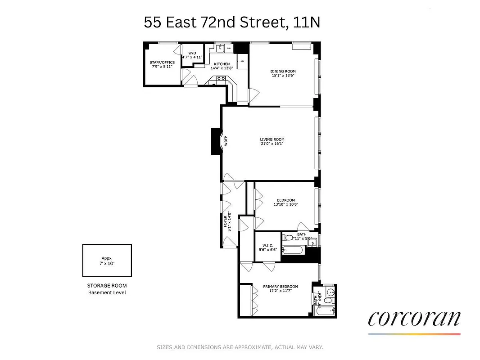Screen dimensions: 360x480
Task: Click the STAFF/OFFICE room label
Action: [162, 63]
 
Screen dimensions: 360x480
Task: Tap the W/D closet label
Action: [192, 53]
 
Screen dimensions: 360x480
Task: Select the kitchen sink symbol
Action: [221, 48]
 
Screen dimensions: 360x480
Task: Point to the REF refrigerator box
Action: [242, 61]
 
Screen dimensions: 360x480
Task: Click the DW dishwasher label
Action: [229, 48]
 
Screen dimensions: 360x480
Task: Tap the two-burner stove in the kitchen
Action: [221, 78]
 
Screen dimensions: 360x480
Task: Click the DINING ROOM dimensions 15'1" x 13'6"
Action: [283, 76]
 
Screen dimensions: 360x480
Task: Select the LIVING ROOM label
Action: [272, 139]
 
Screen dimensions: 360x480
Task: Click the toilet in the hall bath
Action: [288, 238]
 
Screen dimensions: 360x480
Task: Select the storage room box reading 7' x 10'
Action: [107, 261]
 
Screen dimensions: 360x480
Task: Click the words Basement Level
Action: [107, 292]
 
